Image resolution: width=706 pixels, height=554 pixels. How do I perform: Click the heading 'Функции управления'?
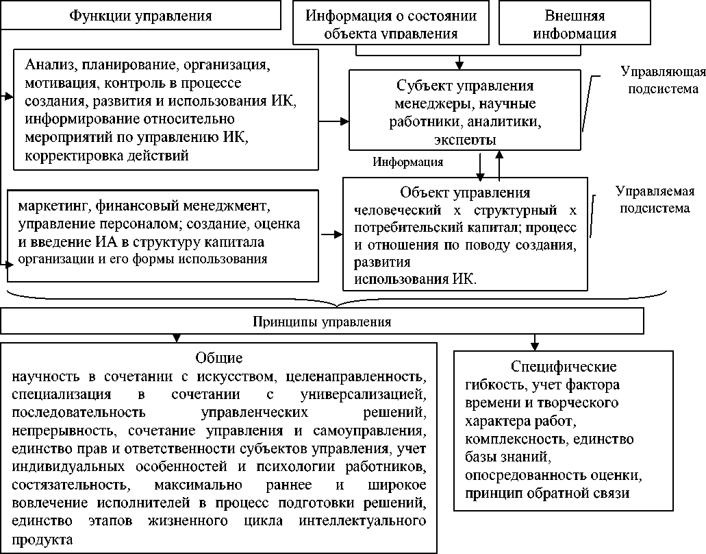[140, 14]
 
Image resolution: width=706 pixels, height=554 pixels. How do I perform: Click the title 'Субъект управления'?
[465, 86]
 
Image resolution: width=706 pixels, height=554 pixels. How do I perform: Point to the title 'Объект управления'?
[465, 192]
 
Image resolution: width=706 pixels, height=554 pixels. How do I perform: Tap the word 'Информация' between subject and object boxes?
[408, 162]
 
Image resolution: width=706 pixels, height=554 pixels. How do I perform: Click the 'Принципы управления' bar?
[322, 320]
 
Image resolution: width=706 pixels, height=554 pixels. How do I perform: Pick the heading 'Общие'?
[219, 358]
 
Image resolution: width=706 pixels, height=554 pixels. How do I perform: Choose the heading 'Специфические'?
[564, 366]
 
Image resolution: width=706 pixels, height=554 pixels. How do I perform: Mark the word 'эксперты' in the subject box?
[466, 140]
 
